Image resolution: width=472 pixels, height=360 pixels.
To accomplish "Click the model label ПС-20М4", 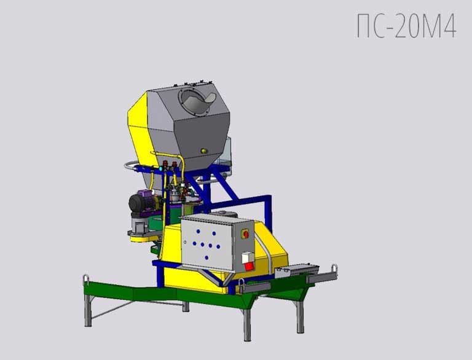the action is coord(407,26).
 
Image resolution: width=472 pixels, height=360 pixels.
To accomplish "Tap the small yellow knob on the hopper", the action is coord(204,151).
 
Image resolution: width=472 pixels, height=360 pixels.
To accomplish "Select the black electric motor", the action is coord(141,202).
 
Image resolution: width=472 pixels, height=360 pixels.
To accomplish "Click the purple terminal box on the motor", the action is coord(145,194).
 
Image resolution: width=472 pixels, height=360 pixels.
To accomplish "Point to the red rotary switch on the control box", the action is coord(245,234).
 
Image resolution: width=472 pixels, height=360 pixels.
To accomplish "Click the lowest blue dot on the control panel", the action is coord(206,257).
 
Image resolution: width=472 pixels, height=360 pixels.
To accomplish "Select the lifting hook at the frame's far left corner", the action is coord(86,280).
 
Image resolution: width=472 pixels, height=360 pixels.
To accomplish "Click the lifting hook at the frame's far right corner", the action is coord(334,269).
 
